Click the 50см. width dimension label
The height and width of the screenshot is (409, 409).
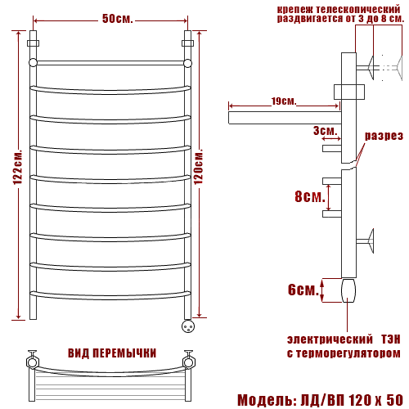pyautogui.click(x=118, y=19)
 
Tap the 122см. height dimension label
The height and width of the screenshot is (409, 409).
pyautogui.click(x=18, y=167)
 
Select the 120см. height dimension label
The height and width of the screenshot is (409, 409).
pyautogui.click(x=199, y=166)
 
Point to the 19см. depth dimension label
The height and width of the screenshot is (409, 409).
pyautogui.click(x=284, y=101)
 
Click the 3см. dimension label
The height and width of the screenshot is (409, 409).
pyautogui.click(x=325, y=131)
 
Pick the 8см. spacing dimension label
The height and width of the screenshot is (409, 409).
pyautogui.click(x=310, y=196)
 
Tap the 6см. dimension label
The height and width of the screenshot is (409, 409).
pyautogui.click(x=303, y=290)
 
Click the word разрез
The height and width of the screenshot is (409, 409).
pyautogui.click(x=384, y=136)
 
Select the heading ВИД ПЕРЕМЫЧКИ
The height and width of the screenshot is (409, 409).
pyautogui.click(x=112, y=353)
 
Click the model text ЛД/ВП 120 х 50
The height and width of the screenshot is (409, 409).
pyautogui.click(x=352, y=400)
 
